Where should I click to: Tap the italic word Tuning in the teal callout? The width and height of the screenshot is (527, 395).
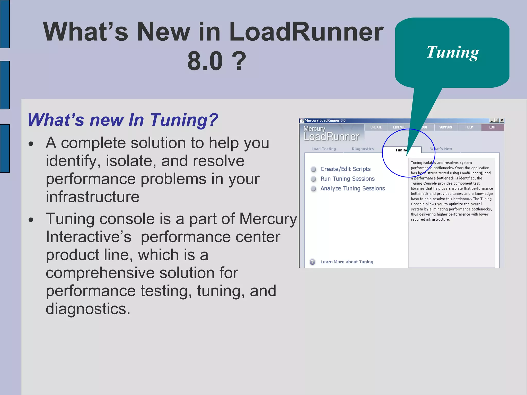[x=453, y=52]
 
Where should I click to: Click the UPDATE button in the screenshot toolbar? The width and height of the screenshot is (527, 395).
[x=376, y=127]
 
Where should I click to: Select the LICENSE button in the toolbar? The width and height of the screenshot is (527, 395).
[x=399, y=127]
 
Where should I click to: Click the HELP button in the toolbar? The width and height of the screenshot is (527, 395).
[x=469, y=127]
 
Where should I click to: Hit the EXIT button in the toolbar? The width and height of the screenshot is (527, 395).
[x=492, y=127]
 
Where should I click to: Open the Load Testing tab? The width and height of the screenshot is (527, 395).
[x=323, y=149]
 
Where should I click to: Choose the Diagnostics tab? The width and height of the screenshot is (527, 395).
[x=363, y=149]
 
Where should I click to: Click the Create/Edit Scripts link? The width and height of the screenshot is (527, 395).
[x=345, y=169]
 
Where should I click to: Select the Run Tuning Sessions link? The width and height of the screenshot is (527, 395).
[x=347, y=179]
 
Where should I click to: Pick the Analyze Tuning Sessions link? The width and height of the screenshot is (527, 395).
[x=353, y=188]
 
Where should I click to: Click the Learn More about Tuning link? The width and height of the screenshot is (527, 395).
[x=347, y=262]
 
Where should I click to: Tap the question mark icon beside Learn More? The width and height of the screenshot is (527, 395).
[x=312, y=262]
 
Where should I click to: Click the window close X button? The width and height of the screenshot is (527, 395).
[x=502, y=120]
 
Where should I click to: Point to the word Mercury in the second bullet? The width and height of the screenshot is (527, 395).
[x=268, y=219]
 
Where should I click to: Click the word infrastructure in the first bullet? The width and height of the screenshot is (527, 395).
[x=93, y=197]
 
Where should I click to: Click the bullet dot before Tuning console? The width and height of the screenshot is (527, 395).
[x=31, y=220]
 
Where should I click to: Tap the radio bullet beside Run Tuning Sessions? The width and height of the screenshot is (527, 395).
[x=313, y=179]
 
